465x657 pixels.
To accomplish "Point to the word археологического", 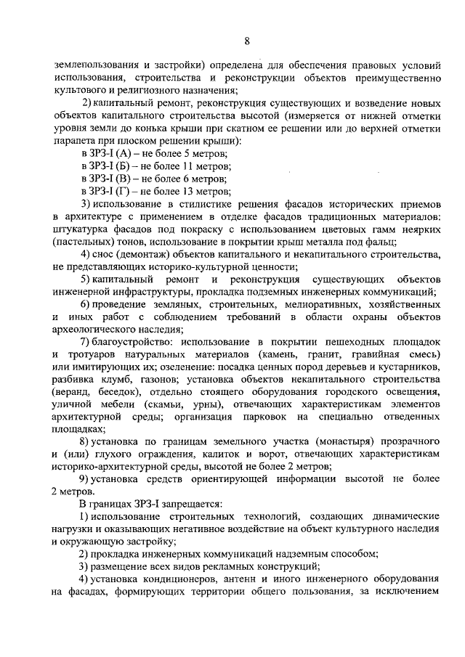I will (105, 330).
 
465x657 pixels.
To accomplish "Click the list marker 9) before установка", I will (86, 482).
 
